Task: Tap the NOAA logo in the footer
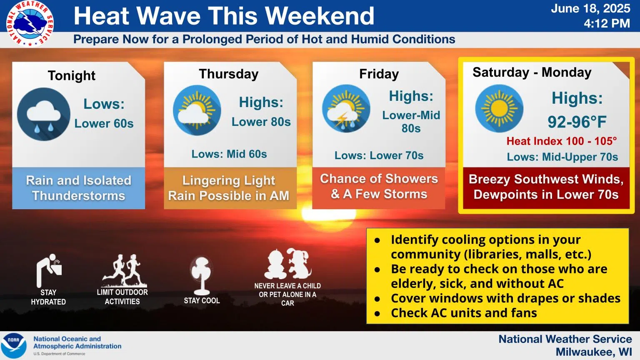pos(14,346)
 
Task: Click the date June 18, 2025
pos(590,9)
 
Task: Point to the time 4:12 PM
pos(607,23)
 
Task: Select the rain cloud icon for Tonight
pos(43,114)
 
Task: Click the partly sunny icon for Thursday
pos(197,110)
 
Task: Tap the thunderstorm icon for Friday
pos(346,109)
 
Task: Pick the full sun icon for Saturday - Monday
pos(499,109)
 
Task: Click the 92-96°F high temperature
pos(577,122)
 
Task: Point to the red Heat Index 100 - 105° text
pos(562,141)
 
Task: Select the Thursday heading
pos(229,74)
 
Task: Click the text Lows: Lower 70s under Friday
pos(379,155)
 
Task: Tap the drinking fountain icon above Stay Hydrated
pos(49,270)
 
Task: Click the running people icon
pos(124,270)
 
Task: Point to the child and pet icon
pos(287,263)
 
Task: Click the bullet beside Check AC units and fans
pos(377,314)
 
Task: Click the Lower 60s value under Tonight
pos(104,124)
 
